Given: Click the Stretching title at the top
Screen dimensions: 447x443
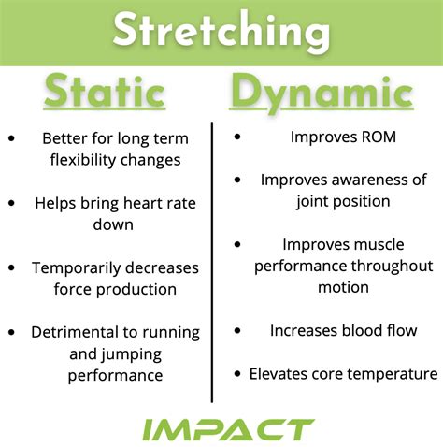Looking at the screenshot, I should click(x=221, y=31).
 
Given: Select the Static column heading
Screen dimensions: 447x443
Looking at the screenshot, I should click(x=105, y=94).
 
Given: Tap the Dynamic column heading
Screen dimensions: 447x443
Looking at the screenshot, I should click(x=322, y=94).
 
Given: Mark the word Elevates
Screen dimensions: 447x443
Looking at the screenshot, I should click(x=278, y=374).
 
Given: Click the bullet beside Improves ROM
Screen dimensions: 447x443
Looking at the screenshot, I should click(x=236, y=137).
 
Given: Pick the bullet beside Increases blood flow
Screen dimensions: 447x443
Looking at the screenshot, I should click(x=236, y=331).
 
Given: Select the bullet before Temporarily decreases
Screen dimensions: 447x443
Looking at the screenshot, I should click(x=11, y=267).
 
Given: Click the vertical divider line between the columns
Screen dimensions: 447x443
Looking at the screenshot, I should click(x=212, y=262).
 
